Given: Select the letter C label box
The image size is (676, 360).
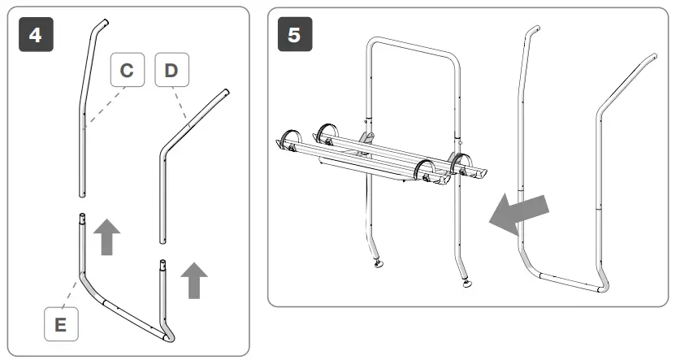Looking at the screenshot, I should (x=127, y=72).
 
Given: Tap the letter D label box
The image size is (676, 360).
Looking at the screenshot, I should (x=171, y=72).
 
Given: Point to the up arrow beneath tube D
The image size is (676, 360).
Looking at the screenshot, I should (x=193, y=280).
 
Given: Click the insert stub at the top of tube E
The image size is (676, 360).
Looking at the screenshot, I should (x=81, y=219).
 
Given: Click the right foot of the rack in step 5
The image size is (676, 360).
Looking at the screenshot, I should (x=470, y=284).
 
